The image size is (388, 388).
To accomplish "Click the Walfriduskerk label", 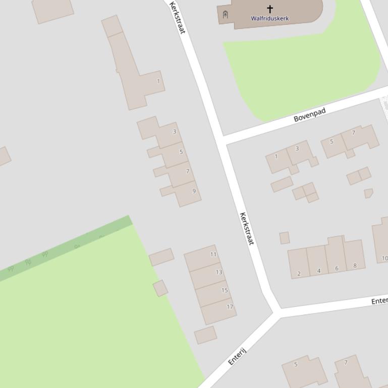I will pos(270,19).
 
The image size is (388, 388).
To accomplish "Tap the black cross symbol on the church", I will pos(270,9).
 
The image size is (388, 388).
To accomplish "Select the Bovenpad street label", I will pos(310,114).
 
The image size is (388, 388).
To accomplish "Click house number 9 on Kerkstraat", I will pos(194,191).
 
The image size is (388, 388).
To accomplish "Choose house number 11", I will pos(213,254).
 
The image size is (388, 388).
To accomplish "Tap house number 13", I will pos(219,272).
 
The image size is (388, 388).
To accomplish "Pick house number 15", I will pos(225,290).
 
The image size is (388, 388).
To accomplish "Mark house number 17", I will pos(230,307).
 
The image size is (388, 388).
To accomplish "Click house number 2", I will pos(299,274).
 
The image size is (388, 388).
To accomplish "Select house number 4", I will pos(319,271).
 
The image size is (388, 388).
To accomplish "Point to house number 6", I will pos(337,269).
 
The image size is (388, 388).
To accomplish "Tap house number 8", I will pos(355,266).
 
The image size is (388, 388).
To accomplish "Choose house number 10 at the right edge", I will pos(384,258).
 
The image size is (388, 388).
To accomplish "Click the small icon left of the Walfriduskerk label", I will pos(225,15).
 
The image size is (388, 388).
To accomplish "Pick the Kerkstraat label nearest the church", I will pos(178,18).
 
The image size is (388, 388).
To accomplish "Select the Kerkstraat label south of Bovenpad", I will pos(246,229).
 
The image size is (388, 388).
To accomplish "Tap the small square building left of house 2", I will pos(285,238).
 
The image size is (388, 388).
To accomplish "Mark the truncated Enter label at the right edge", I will pos(379,301).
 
